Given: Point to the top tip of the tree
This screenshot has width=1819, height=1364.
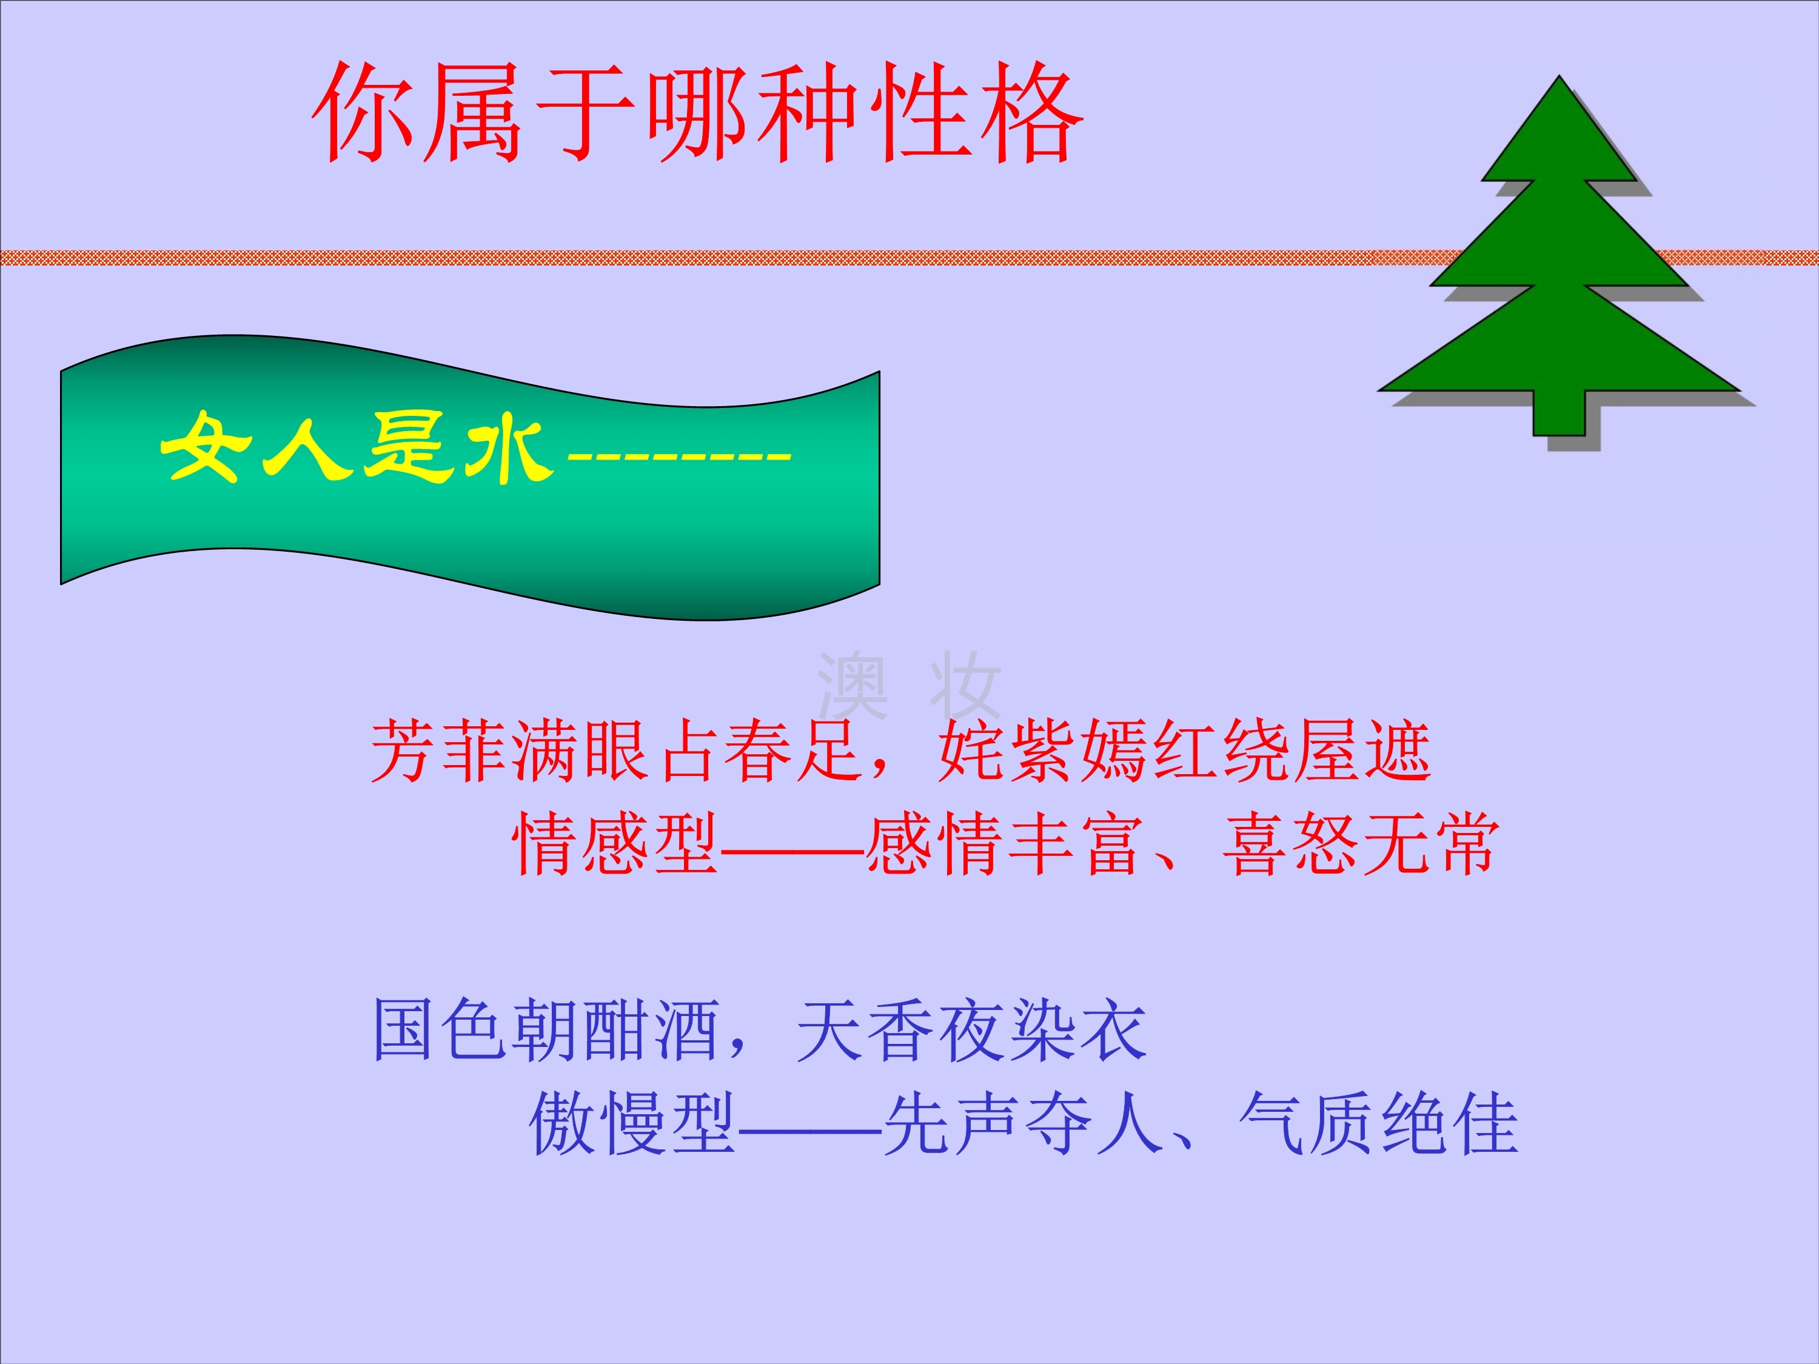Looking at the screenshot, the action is [1559, 76].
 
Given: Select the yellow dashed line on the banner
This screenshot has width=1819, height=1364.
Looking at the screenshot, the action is [679, 454].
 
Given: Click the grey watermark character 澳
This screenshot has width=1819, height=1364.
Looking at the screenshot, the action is [853, 685].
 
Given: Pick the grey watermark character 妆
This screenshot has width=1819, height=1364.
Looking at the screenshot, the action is [965, 685].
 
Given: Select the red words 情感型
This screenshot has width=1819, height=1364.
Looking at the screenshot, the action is [615, 844].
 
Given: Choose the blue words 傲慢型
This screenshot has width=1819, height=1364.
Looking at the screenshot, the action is [632, 1123].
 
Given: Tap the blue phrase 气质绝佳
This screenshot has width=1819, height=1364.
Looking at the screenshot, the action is [1378, 1123].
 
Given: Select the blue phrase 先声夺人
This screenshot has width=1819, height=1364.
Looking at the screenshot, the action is [1024, 1123].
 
